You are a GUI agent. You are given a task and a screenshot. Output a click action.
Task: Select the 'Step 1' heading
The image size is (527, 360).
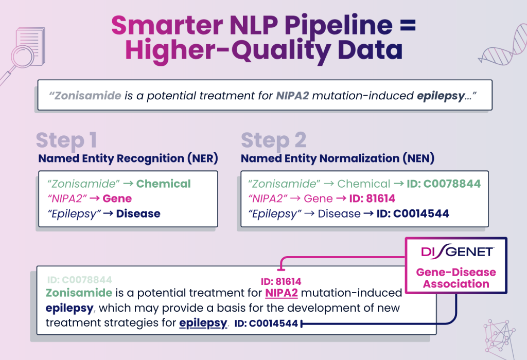pos(66,140)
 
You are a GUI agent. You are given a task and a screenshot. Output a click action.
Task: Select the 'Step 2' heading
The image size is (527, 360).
pos(273,140)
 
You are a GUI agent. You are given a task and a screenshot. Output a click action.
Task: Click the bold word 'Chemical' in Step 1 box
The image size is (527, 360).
pos(163,184)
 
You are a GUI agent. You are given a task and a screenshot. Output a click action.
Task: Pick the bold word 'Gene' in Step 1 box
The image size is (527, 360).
pos(117,199)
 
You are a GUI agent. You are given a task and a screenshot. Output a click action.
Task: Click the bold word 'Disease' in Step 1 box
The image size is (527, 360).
pos(138,213)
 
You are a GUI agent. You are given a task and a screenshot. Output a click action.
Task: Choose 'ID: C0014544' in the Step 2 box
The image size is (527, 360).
pos(414,213)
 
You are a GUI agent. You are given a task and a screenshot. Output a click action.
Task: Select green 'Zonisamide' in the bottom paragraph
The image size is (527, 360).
pos(79,293)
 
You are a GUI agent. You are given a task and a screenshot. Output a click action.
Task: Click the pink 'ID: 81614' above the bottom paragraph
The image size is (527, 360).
pos(281,281)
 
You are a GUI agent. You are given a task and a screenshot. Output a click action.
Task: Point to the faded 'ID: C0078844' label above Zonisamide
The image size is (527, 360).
pos(79,280)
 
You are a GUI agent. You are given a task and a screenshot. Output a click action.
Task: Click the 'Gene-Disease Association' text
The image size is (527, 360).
pos(456,278)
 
